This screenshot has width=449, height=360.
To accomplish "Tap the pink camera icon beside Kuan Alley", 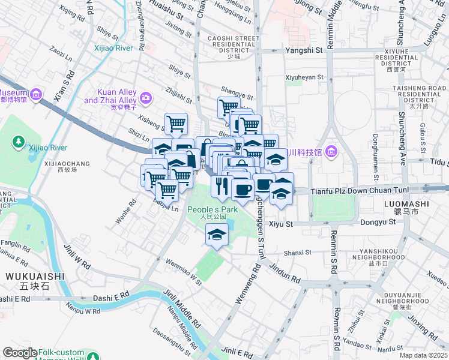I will (146, 97).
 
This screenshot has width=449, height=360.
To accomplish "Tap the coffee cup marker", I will (243, 190).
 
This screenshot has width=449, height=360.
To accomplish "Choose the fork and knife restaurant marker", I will (221, 187).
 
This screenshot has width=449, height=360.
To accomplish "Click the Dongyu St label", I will (379, 222).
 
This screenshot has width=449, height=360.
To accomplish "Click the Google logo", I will (20, 353).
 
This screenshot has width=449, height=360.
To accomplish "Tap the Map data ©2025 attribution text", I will (423, 355).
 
